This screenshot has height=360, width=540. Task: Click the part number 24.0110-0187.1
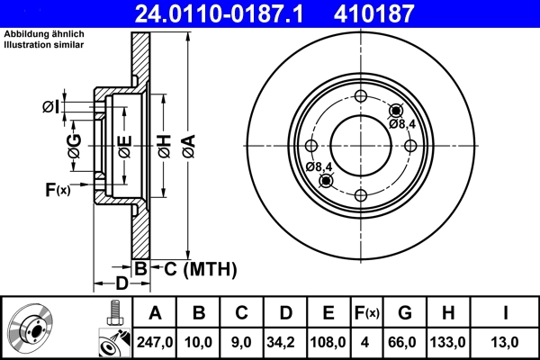pyautogui.click(x=232, y=13)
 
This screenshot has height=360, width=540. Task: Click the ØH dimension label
pyautogui.click(x=164, y=145)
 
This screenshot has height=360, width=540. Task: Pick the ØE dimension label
pyautogui.click(x=124, y=145)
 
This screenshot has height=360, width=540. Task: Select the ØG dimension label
pyautogui.click(x=74, y=145)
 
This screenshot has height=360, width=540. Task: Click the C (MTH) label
pyautogui.click(x=200, y=267)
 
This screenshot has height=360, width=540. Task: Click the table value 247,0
pyautogui.click(x=155, y=341)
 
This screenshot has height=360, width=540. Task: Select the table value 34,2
pyautogui.click(x=285, y=341)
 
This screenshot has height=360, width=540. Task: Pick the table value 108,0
pyautogui.click(x=328, y=341)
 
